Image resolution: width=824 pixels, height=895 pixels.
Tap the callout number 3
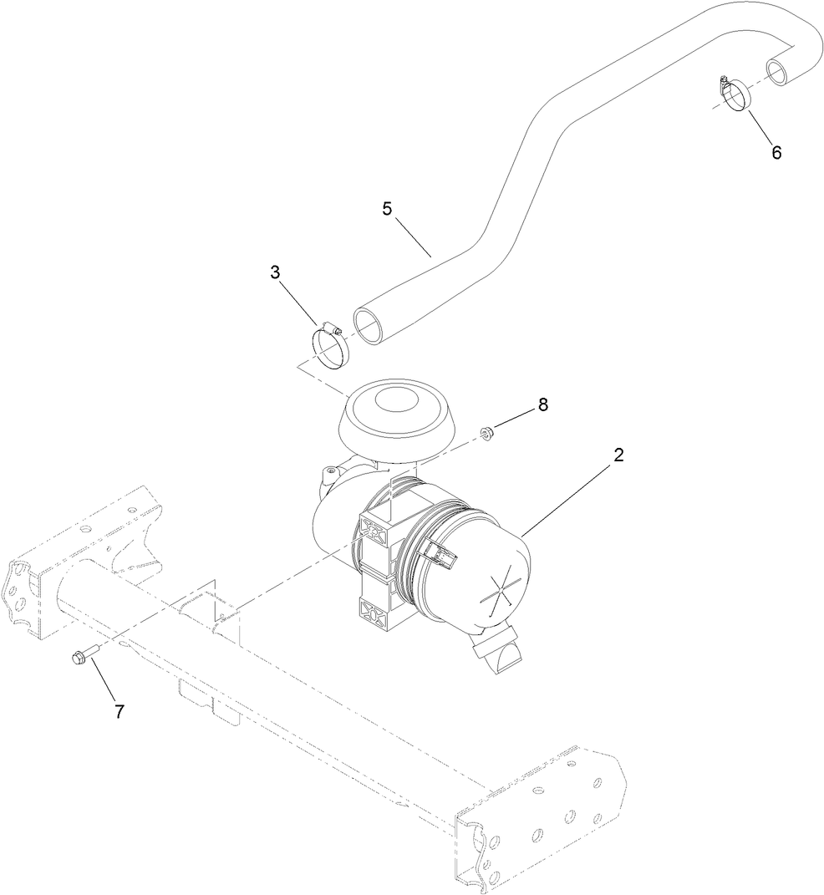pos(275,272)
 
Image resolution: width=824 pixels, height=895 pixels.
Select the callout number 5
pos(387,209)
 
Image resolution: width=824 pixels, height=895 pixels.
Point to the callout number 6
pos(776,152)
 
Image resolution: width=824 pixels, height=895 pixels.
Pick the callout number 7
pos(120,711)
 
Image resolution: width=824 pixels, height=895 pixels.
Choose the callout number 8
pos(542,404)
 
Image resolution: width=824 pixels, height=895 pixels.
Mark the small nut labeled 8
pos(486,432)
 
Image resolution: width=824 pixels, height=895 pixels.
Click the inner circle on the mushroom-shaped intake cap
pos(399,400)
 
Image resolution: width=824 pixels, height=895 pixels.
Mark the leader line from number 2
pos(568,498)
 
